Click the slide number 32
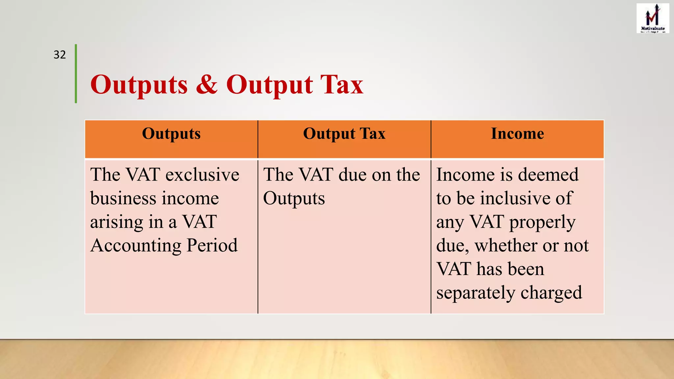(60, 55)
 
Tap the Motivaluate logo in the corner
(653, 18)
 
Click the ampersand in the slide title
(207, 85)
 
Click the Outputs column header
(171, 134)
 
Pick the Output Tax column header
(344, 134)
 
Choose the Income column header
(517, 134)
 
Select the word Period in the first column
(212, 245)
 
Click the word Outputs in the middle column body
(294, 198)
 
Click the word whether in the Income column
(506, 245)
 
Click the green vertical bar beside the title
(76, 74)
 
